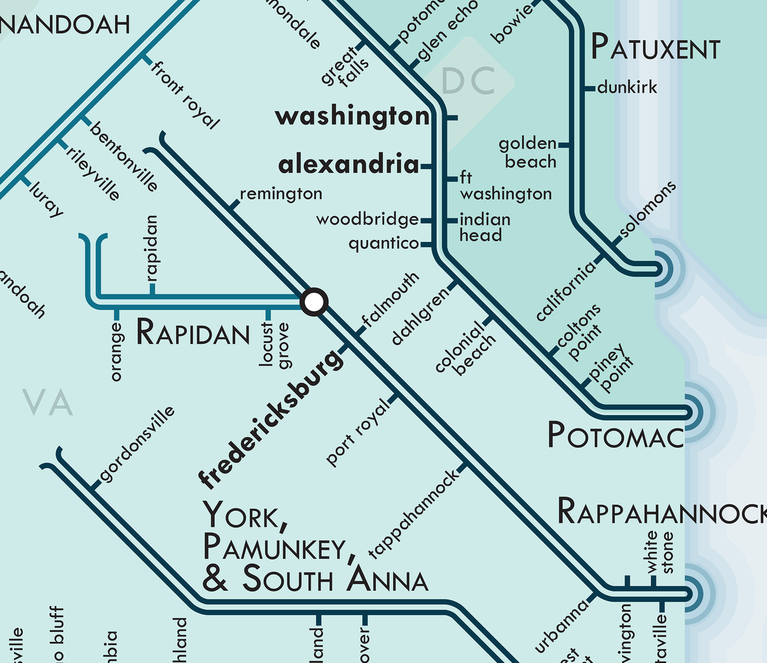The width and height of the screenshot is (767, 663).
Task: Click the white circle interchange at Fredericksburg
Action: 314,302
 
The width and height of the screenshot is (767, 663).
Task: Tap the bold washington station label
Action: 352,116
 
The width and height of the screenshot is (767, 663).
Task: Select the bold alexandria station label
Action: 349,165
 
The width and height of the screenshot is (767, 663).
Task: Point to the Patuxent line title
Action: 655,48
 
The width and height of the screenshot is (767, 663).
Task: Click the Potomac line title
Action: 616,436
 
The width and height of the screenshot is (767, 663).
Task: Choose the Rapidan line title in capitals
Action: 193,333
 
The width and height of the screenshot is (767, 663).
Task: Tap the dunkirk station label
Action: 627,88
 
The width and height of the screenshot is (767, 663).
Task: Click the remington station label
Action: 281,194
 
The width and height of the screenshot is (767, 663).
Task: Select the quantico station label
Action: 383,243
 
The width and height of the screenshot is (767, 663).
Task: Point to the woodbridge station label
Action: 368,220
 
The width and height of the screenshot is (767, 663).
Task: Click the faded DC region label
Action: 469,81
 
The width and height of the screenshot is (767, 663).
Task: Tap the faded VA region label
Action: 48,403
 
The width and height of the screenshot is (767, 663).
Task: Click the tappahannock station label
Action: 414,514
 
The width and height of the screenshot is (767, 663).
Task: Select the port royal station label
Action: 357,432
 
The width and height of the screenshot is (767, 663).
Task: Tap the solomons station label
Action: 647,211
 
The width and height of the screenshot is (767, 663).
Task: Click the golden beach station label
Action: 528,153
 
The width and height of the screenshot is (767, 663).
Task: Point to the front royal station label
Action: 185,95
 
